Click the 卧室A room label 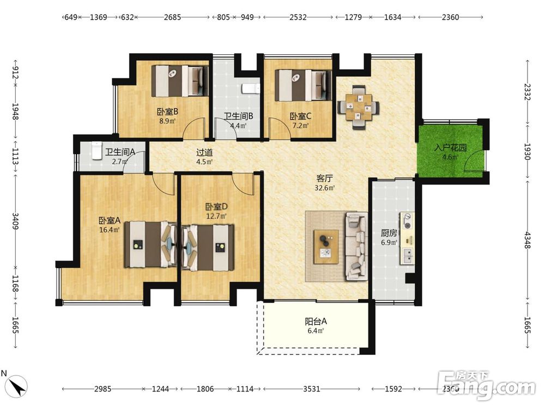pos(110,220)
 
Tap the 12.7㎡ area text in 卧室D pos(216,216)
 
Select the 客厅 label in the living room pos(325,178)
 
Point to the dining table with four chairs pos(359,107)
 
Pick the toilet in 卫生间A pos(96,151)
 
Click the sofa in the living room pos(356,246)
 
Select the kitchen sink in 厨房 pos(407,256)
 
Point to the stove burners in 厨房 pos(407,221)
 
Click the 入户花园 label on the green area pos(450,147)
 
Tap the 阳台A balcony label pos(316,322)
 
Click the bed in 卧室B pos(180,81)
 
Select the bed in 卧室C pos(302,85)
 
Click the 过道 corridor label pos(204,152)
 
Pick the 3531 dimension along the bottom pos(311,389)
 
